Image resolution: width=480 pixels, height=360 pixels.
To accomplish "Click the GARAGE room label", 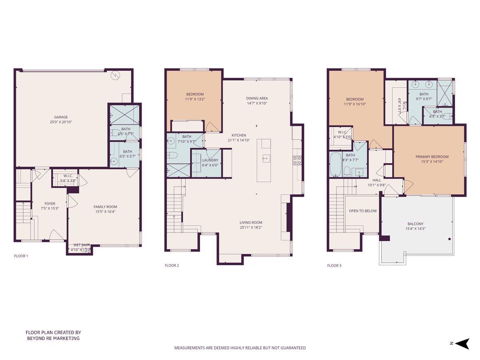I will click(61, 117).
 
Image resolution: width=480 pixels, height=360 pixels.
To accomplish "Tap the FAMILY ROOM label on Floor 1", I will click(105, 207).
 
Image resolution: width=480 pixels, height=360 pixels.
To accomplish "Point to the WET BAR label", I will click(81, 245).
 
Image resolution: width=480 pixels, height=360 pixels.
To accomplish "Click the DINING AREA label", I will click(257, 98).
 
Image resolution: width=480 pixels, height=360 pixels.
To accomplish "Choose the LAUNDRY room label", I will click(210, 160).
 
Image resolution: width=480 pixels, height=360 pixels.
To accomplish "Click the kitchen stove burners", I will click(298, 160).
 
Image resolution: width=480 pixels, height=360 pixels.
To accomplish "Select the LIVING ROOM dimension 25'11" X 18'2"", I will click(251, 228).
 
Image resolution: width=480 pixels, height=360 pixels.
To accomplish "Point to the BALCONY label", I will click(415, 224).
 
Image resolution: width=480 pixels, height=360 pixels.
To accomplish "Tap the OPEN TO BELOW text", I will click(362, 211).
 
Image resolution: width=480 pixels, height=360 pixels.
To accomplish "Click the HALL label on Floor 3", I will click(376, 180).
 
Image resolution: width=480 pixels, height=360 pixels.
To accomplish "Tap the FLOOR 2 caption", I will click(172, 265).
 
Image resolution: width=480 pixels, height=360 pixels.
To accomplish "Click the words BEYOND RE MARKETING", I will click(53, 338).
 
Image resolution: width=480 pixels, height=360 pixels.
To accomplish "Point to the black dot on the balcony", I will click(450, 239).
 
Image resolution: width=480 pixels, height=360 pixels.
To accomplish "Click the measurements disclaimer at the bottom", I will click(240, 348).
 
